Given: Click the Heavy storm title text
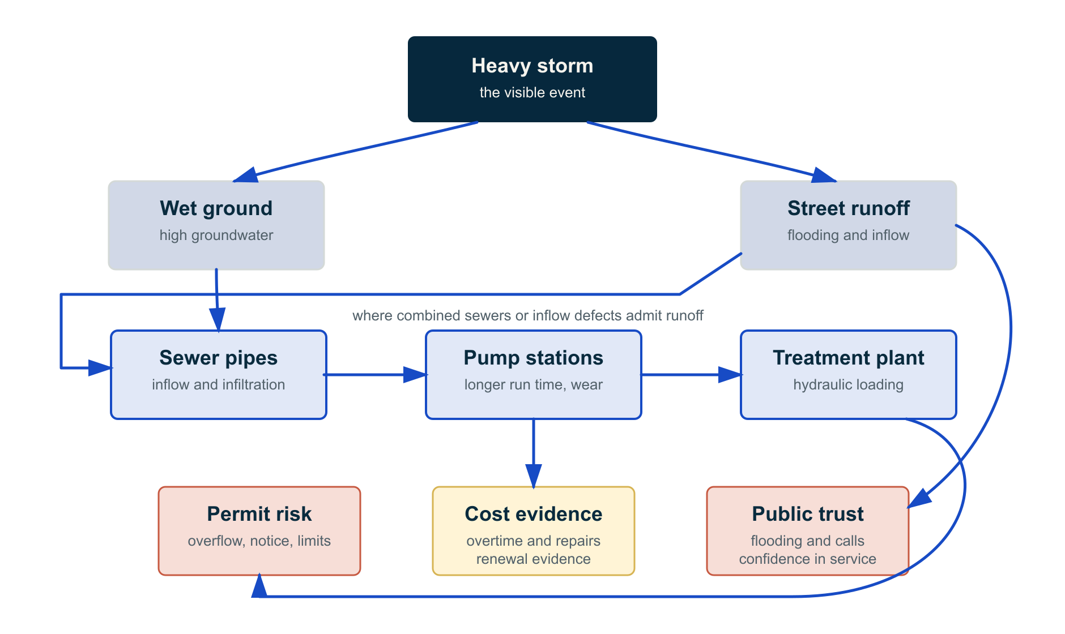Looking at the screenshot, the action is point(532,66).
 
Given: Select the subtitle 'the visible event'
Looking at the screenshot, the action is point(532,92).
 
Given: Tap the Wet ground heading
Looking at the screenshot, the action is point(216,209).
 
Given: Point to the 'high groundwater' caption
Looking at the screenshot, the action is point(216,235).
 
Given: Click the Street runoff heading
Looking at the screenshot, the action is point(849,208).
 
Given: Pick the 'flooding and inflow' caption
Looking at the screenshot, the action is point(849,235).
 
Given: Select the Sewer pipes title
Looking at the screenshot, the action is point(219,358).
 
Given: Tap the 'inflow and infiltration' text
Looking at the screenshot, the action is point(219,384).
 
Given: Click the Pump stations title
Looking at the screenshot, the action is point(534,358).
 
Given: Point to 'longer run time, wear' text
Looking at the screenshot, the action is point(534,384).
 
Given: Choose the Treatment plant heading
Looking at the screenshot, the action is point(849,358).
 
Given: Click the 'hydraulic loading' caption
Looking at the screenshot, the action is point(849,384).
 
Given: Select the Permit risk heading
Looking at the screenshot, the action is point(259,514).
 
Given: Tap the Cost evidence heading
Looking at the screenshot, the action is point(534,514).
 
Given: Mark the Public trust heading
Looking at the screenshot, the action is point(808,514).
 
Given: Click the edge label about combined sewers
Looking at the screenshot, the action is point(528,315).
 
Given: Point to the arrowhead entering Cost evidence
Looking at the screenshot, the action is point(534,477).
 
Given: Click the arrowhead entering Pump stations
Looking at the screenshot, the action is point(415,375).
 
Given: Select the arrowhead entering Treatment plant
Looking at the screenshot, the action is point(730,375).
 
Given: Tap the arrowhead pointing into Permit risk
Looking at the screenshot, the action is point(259,585).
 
